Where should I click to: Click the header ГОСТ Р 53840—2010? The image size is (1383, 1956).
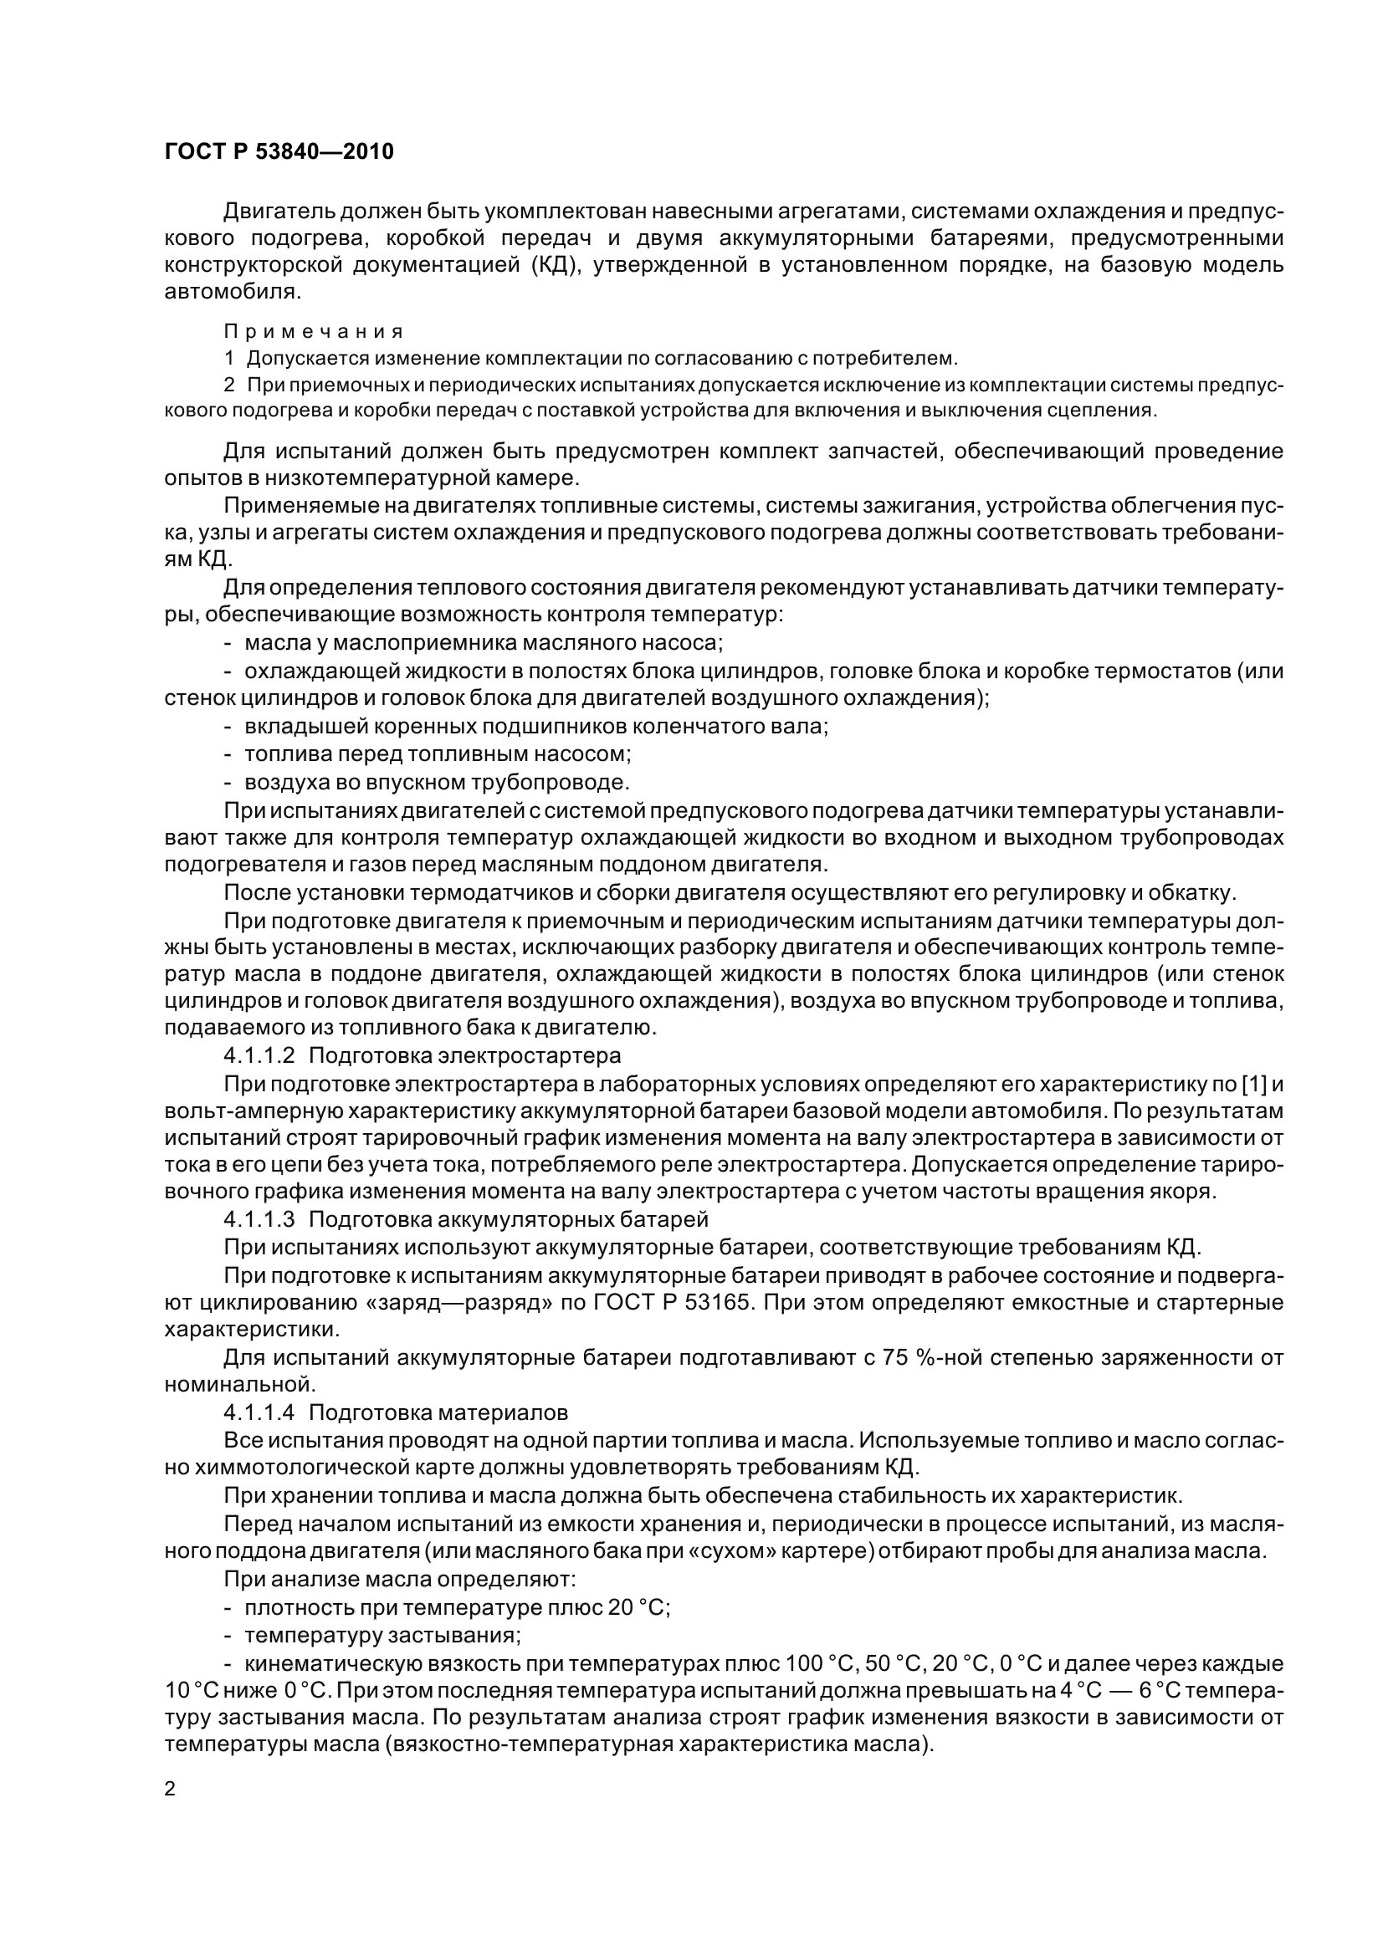click(279, 152)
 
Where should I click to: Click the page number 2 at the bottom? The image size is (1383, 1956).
click(171, 1788)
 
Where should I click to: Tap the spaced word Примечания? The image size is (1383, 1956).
click(314, 331)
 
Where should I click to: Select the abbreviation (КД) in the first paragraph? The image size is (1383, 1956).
click(556, 265)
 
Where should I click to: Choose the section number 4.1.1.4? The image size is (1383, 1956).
click(259, 1412)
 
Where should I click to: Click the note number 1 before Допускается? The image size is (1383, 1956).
click(228, 359)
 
